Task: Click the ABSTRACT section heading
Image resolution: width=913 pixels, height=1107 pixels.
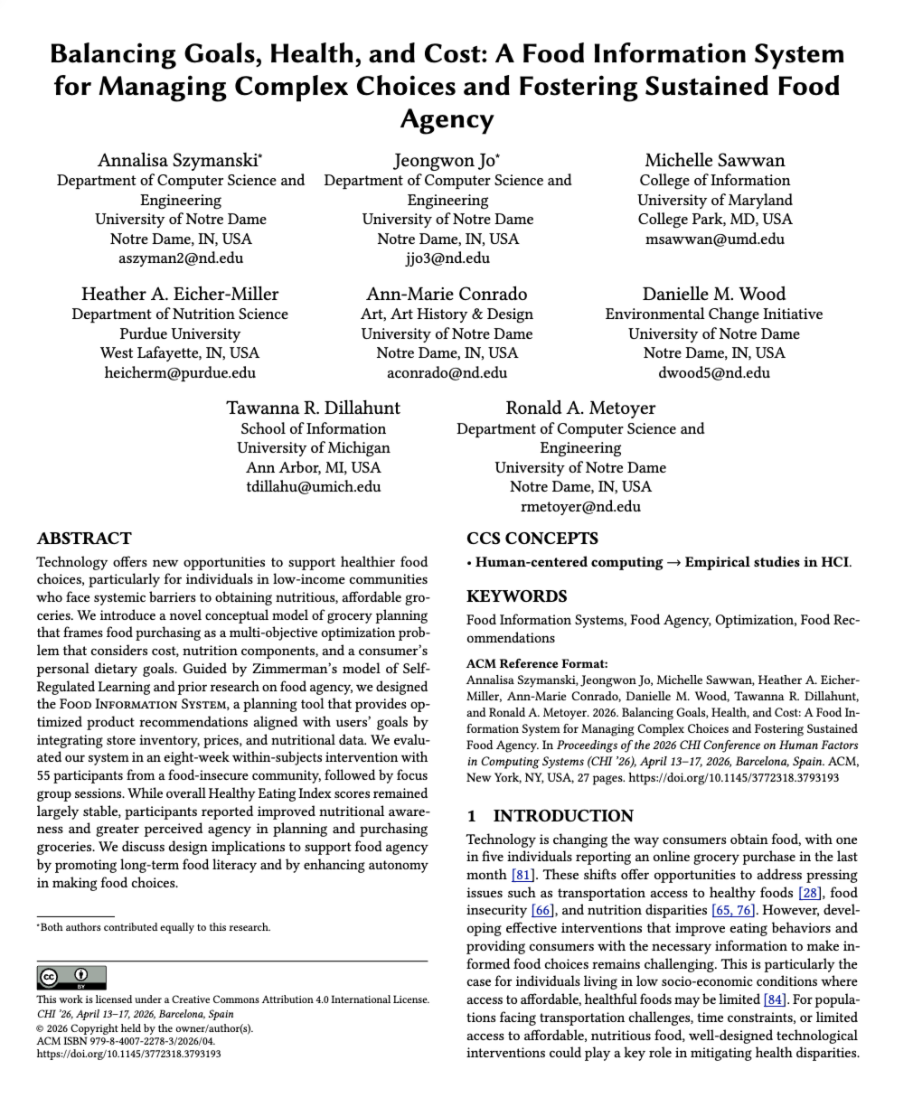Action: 84,539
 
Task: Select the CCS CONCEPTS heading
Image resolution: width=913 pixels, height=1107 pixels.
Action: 532,539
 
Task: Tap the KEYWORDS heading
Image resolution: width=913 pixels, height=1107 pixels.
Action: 517,596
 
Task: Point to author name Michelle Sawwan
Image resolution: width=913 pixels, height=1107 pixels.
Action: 714,161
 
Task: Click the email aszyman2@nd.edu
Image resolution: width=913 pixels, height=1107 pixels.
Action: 181,258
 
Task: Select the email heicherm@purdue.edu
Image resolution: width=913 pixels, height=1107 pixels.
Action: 180,372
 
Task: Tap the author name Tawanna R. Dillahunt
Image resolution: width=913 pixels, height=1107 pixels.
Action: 313,408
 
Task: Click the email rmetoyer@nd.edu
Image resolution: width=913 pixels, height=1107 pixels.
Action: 580,506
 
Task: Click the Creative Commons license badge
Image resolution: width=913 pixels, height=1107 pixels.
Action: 71,977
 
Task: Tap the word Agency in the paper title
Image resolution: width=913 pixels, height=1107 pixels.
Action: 447,120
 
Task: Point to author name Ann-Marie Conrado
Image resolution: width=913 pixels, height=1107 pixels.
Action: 447,295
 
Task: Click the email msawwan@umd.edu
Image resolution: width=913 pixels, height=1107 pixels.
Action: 714,239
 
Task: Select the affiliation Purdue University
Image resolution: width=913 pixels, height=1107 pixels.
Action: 180,333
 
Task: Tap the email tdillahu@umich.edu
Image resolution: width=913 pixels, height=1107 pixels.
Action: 313,486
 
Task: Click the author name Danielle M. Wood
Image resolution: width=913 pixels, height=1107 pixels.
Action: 714,295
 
